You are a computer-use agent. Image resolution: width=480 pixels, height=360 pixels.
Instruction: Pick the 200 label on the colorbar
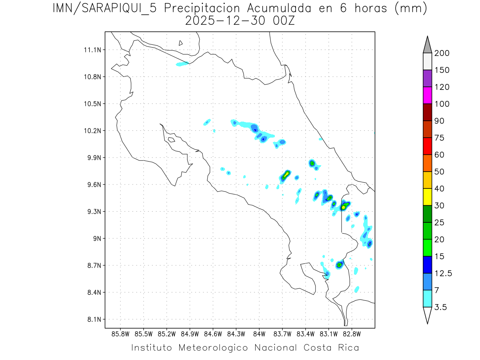(442, 53)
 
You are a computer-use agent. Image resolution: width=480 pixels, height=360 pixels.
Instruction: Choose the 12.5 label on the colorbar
(443, 273)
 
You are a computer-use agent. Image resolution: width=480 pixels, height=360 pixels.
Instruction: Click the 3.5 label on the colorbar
(440, 307)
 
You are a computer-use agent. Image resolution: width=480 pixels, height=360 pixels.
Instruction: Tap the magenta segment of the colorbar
(427, 96)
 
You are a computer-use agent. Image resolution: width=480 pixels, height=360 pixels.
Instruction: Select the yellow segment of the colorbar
(427, 197)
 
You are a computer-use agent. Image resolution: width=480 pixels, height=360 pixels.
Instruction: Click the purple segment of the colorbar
(427, 79)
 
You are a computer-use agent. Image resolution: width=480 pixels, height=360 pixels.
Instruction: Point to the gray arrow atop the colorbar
(427, 45)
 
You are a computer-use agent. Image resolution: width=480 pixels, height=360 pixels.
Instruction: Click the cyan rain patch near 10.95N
(182, 64)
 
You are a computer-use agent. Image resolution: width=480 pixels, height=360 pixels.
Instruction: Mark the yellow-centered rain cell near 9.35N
(344, 207)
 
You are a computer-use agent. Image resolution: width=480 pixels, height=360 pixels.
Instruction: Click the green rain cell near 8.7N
(340, 265)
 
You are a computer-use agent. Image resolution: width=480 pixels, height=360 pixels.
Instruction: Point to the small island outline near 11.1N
(181, 43)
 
